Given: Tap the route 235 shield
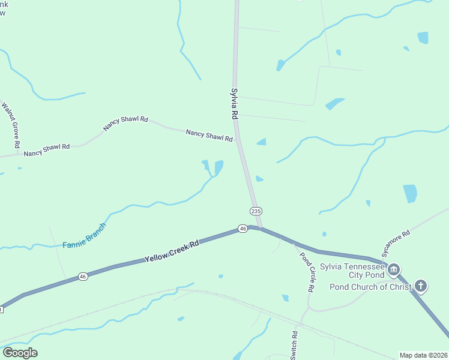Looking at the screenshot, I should tap(256, 211).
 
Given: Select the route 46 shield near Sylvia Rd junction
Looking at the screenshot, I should tap(243, 229).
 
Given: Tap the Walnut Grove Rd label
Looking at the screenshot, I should tap(11, 125).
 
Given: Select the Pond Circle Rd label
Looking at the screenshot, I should tap(307, 271).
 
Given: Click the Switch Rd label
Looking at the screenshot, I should tap(294, 345).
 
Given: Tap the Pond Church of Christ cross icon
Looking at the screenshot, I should tap(421, 286).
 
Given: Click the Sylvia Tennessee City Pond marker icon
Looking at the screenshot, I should tap(394, 270).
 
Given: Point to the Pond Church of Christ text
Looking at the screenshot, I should tap(370, 287).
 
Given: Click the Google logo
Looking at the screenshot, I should tap(20, 353).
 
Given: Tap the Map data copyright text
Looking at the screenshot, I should tap(423, 355).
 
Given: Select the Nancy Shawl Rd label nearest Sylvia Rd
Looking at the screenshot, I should tap(209, 136).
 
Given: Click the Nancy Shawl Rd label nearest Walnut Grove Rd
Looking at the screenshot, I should tap(47, 150).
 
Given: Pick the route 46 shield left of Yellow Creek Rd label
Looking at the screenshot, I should tap(83, 277).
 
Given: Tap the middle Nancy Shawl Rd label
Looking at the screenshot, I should tap(125, 123).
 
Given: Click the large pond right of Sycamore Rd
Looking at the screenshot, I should tap(410, 193).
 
